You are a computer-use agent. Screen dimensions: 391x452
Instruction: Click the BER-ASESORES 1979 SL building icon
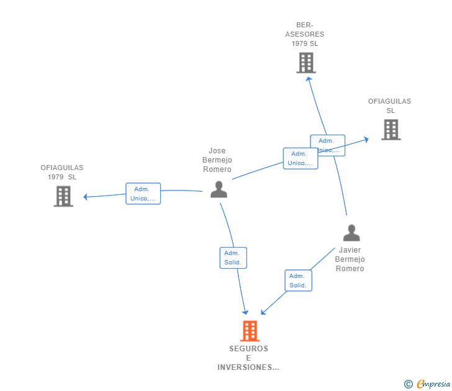pos(306,63)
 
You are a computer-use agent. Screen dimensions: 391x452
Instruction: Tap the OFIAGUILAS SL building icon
pos(391,130)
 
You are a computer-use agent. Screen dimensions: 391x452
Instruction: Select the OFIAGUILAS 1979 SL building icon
pos(63,196)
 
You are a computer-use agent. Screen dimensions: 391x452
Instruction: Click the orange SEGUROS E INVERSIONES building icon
pos(250,331)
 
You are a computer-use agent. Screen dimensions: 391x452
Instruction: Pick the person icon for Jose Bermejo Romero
pos(219,189)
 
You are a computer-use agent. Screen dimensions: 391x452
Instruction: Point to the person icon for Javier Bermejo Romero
pos(351,233)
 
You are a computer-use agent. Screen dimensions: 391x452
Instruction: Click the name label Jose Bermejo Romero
pos(217,160)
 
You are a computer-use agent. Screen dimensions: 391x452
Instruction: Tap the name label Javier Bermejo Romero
pos(350,259)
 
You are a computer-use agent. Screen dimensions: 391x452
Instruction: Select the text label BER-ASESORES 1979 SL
pos(304,35)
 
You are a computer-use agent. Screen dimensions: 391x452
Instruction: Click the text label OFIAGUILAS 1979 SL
pos(62,172)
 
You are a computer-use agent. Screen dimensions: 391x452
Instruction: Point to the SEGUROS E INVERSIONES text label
pos(248,358)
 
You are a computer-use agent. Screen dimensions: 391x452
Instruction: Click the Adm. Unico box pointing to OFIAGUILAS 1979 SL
pos(143,194)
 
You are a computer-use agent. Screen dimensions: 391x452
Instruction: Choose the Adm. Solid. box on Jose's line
pos(233,258)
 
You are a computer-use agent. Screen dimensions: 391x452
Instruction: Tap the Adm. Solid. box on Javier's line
pos(298,281)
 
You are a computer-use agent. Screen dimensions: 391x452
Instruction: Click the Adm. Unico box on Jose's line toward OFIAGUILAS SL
pos(301,158)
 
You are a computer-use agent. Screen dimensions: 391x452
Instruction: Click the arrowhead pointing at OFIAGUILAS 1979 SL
pos(86,197)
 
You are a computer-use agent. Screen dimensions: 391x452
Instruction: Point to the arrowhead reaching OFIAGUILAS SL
pos(366,140)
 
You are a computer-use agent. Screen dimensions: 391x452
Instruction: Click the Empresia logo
pos(433,384)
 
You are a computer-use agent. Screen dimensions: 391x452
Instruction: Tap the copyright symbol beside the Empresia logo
pos(409,384)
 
